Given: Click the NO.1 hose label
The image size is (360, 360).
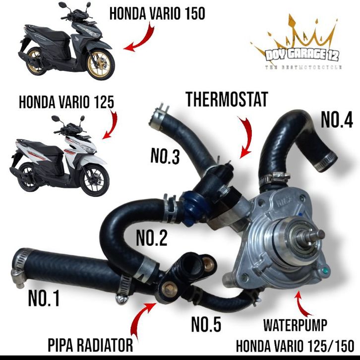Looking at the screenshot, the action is tap(44, 298).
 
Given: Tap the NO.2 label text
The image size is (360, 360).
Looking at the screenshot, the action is tap(152, 238).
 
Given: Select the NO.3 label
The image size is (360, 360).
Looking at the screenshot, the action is tap(165, 156).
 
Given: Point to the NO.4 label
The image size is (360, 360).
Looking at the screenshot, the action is tap(337, 120).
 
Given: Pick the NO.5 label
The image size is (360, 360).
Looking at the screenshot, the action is tap(206, 324).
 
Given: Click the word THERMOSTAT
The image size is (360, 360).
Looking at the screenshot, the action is tap(227, 99).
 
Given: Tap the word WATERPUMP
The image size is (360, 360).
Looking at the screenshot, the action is tap(295, 325).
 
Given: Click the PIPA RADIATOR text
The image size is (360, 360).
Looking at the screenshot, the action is tap(90, 345).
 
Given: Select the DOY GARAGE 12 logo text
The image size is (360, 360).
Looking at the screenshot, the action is tap(302, 55).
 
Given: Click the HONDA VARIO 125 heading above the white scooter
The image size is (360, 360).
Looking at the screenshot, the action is tap(66, 102).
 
